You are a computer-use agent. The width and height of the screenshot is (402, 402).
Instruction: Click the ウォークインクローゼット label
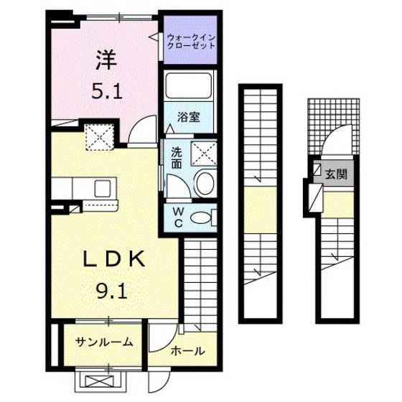pyautogui.click(x=191, y=42)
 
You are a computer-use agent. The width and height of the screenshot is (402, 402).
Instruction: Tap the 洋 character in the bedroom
pyautogui.click(x=106, y=60)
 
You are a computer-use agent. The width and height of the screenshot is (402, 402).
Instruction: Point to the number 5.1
pyautogui.click(x=107, y=92)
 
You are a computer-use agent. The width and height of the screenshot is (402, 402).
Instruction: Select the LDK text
pyautogui.click(x=114, y=259)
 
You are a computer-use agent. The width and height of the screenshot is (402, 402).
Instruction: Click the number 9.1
pyautogui.click(x=112, y=291)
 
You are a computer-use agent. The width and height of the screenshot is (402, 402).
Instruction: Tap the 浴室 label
pyautogui.click(x=188, y=117)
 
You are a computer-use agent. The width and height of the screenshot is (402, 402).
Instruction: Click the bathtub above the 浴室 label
pyautogui.click(x=189, y=85)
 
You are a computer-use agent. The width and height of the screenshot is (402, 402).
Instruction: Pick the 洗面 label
pyautogui.click(x=177, y=158)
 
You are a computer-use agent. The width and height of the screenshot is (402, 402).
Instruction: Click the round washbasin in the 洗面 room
pyautogui.click(x=204, y=183)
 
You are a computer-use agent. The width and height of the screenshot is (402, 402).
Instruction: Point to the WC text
pyautogui.click(x=179, y=218)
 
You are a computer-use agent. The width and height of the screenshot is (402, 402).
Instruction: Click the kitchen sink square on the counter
pyautogui.click(x=103, y=188)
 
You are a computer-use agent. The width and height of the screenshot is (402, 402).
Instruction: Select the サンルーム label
pyautogui.click(x=104, y=342)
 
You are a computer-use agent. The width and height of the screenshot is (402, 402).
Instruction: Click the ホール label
pyautogui.click(x=188, y=351)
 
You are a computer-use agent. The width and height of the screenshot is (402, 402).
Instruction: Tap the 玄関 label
pyautogui.click(x=336, y=174)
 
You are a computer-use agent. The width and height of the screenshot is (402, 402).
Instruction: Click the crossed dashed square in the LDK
pyautogui.click(x=100, y=137)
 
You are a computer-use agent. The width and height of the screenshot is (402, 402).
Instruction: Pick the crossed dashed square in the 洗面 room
pyautogui.click(x=205, y=154)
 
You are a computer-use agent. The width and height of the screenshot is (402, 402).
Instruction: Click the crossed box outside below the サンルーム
pyautogui.click(x=100, y=381)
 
